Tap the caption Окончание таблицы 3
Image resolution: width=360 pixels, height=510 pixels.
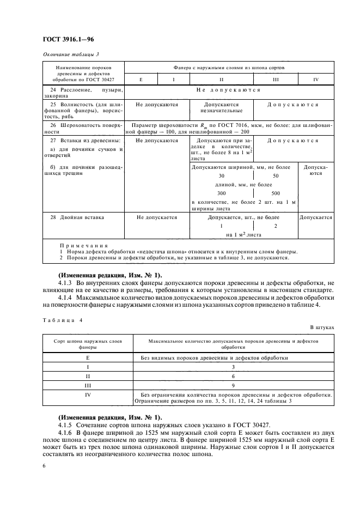coord(70,53)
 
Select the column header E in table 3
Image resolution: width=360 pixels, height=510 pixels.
coord(141,80)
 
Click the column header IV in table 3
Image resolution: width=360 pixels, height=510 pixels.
coord(315,80)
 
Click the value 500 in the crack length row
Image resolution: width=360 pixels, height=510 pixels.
coord(275,193)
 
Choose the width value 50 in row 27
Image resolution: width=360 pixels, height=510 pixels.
coord(275,176)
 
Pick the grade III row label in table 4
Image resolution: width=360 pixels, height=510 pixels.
coord(87,385)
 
